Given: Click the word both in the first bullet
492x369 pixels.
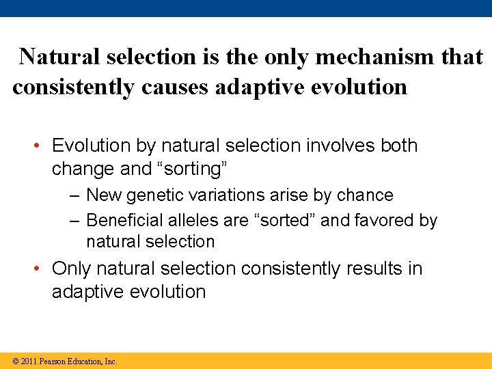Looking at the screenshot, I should coord(399,146).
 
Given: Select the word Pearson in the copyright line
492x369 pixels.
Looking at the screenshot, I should coord(54,361).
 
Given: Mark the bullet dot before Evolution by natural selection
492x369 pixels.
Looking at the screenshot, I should coord(41,146).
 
